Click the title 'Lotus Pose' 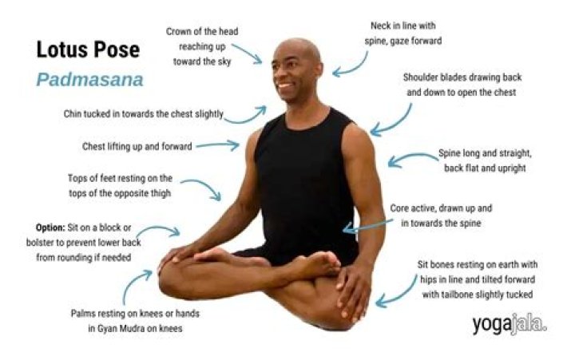pyautogui.click(x=88, y=50)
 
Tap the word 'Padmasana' pyautogui.click(x=89, y=80)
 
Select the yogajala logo pyautogui.click(x=510, y=324)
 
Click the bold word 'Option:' pyautogui.click(x=50, y=227)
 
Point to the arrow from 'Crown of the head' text pyautogui.click(x=248, y=53)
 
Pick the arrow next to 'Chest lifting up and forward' pyautogui.click(x=218, y=145)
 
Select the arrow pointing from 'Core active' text pyautogui.click(x=368, y=226)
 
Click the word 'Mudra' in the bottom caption pyautogui.click(x=130, y=329)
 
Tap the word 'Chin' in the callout pyautogui.click(x=73, y=114)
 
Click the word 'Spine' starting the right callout pyautogui.click(x=449, y=153)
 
